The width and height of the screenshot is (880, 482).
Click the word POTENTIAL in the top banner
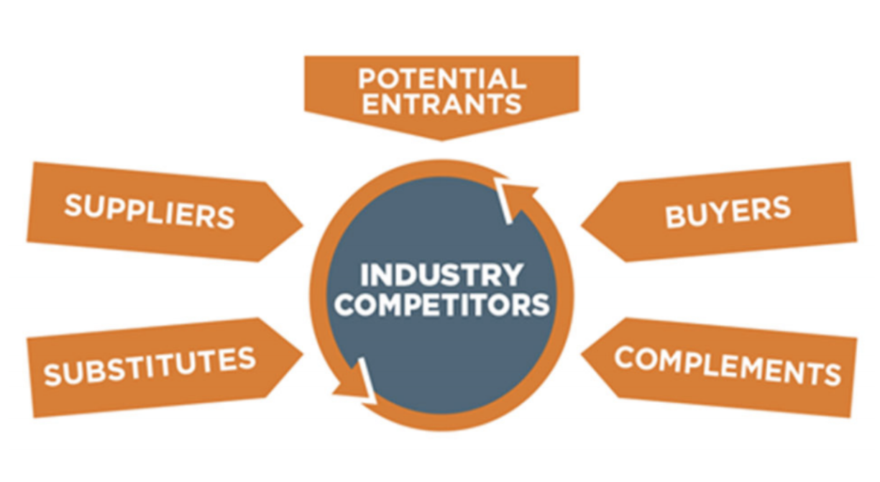(441, 78)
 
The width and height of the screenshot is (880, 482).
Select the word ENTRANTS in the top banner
(441, 104)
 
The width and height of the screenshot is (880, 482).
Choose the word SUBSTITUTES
(150, 366)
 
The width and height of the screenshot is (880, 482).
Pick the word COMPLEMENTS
(728, 366)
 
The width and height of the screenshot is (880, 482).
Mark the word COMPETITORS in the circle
(441, 304)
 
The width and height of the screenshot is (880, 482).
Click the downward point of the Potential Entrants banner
(441, 139)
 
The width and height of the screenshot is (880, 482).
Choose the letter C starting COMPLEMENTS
(623, 357)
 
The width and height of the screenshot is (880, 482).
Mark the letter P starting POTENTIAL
(366, 78)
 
